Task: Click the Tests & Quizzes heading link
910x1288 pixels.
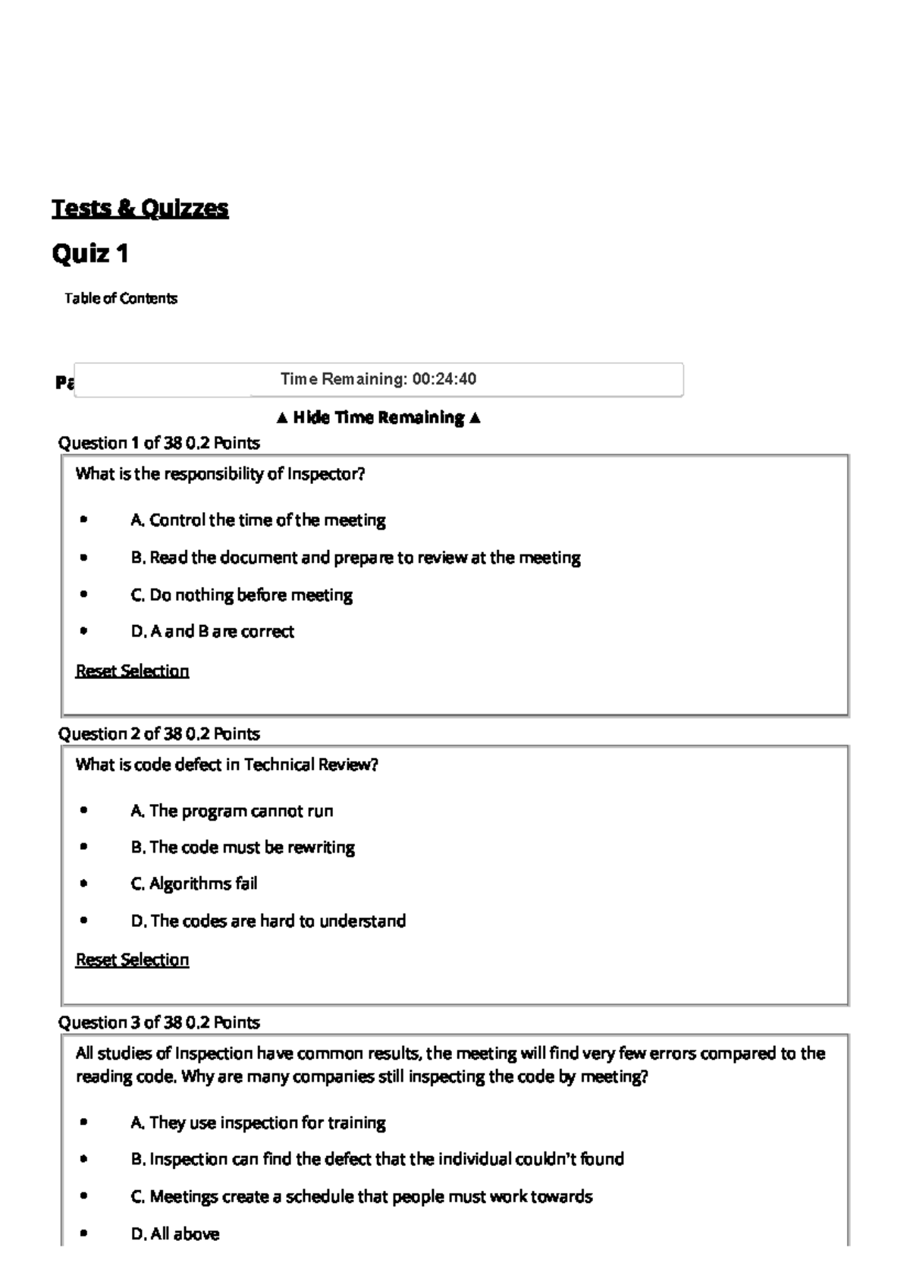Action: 140,208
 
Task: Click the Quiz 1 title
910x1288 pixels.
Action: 89,253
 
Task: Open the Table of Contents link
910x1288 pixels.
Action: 121,298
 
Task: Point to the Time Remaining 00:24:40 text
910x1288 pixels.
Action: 378,379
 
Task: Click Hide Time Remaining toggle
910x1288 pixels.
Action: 378,417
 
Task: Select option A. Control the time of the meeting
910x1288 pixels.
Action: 258,520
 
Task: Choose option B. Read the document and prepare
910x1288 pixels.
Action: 355,558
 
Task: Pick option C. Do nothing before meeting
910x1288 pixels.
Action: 241,595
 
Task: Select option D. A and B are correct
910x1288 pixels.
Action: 212,631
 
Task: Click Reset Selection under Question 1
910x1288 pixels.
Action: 132,671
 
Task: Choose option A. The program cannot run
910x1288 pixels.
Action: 232,811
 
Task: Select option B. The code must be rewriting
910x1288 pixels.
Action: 243,847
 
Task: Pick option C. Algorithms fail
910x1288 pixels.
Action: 194,884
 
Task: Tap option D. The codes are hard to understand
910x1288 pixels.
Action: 268,921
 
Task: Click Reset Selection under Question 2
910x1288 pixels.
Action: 132,960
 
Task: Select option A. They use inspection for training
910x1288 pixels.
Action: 258,1123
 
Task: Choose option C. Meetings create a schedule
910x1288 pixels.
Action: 361,1197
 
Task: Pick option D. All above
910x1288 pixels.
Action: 175,1234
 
